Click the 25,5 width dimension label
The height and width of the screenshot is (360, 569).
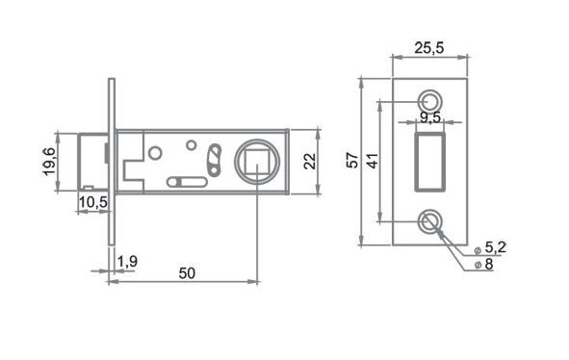tap(429, 48)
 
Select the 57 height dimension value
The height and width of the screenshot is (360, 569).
tap(352, 161)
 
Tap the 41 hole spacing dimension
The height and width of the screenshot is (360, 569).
tap(373, 161)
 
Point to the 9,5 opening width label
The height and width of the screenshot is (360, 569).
tap(430, 117)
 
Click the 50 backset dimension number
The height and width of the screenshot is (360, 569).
tap(187, 273)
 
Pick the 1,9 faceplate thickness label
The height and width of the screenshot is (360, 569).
tap(127, 261)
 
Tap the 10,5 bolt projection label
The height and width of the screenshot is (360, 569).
tap(93, 202)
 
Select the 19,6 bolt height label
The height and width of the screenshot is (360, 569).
tap(49, 162)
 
